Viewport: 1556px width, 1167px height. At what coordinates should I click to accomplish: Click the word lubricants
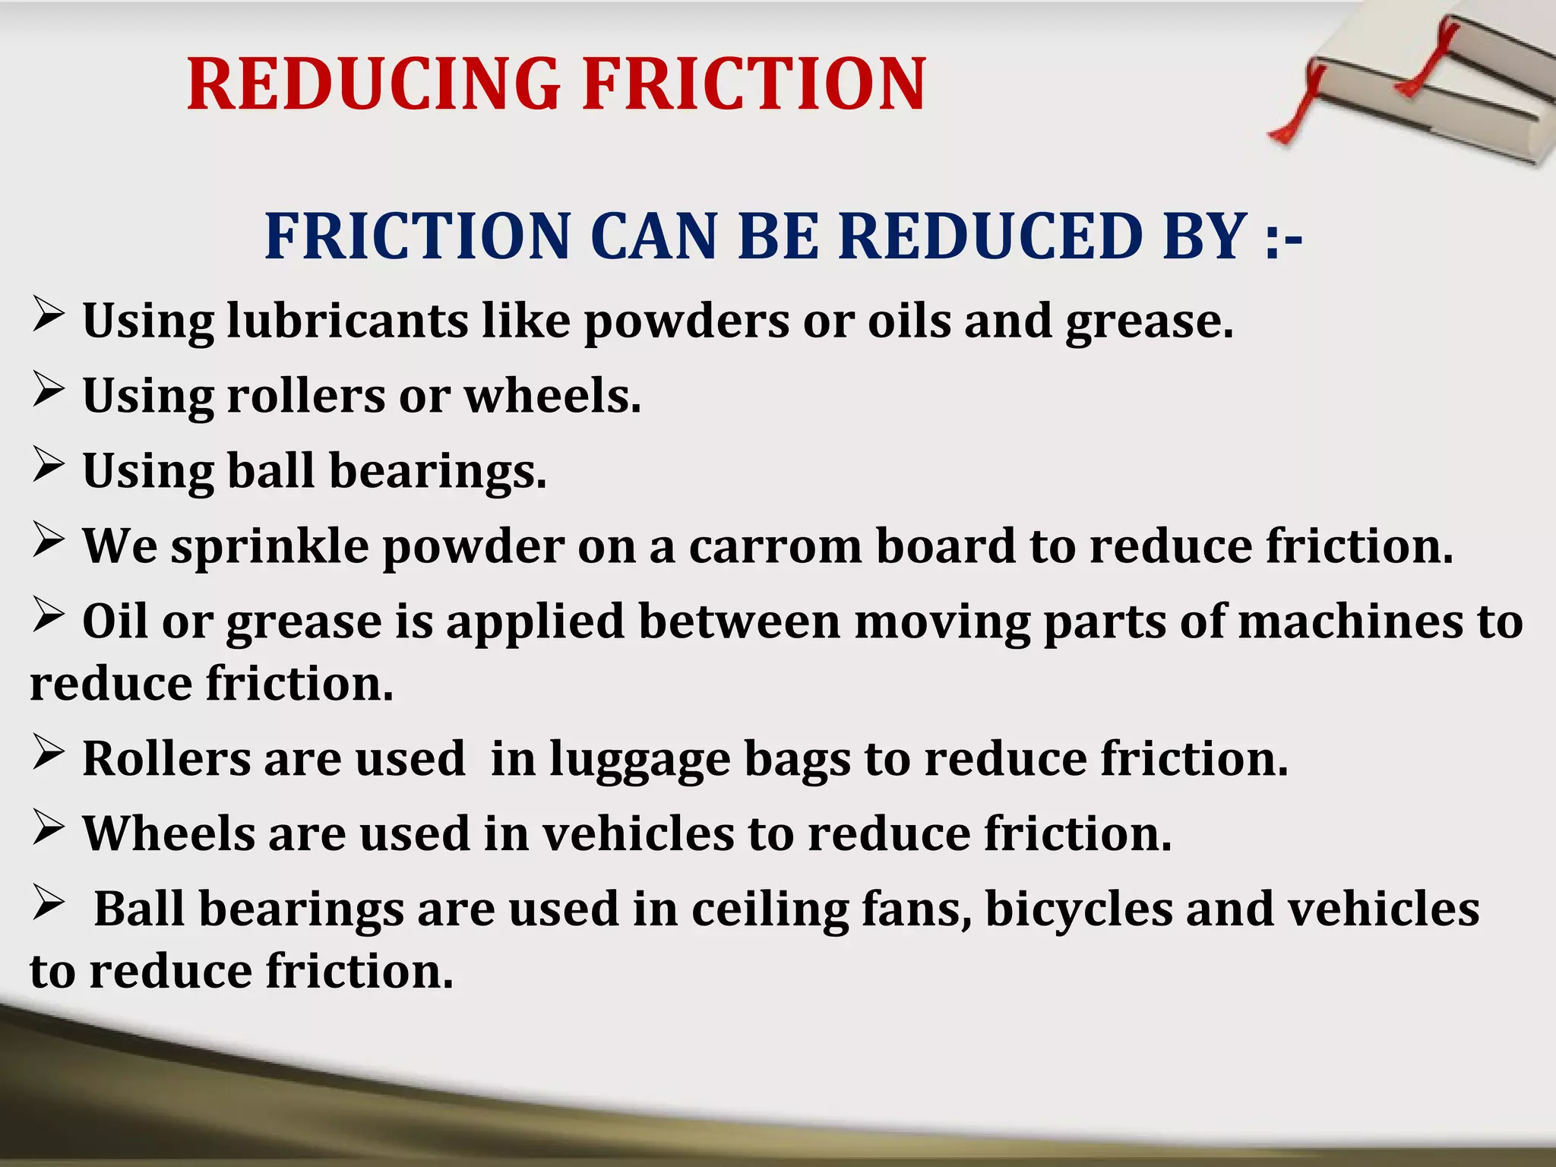[x=347, y=321]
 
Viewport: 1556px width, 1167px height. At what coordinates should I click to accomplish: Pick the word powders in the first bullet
[x=686, y=322]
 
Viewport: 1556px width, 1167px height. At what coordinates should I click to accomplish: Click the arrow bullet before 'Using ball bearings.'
[x=48, y=464]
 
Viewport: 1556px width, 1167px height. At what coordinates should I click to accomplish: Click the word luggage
[x=639, y=760]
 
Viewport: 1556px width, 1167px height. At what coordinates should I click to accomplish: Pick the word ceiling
[x=770, y=910]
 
